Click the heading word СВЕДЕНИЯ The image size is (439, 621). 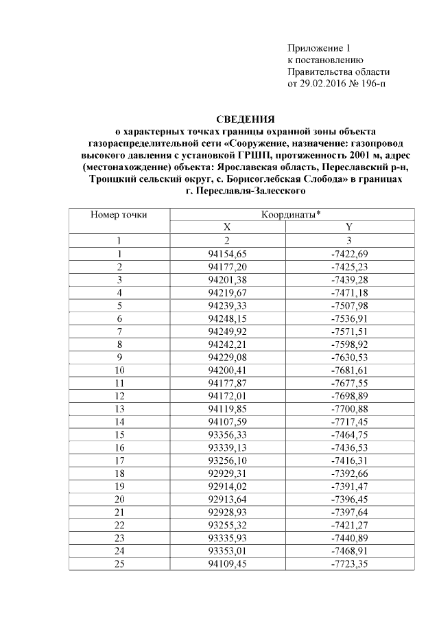coord(246,119)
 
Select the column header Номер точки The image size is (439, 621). coord(119,215)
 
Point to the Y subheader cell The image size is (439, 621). coord(349,227)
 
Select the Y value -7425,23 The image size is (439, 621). coord(349,266)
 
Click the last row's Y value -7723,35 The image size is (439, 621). coord(349,564)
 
